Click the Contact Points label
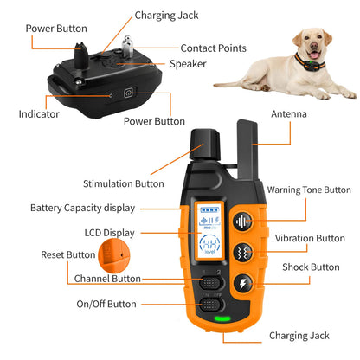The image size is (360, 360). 213,48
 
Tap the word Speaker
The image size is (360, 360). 188,63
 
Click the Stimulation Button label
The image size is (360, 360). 123,183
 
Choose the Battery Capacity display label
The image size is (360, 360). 81,208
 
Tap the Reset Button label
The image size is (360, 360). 68,254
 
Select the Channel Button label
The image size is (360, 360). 107,279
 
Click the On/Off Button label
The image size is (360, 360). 106,304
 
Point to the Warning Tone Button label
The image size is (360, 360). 309,190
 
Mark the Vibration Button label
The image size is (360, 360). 310,238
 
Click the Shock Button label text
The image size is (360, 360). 311,267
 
